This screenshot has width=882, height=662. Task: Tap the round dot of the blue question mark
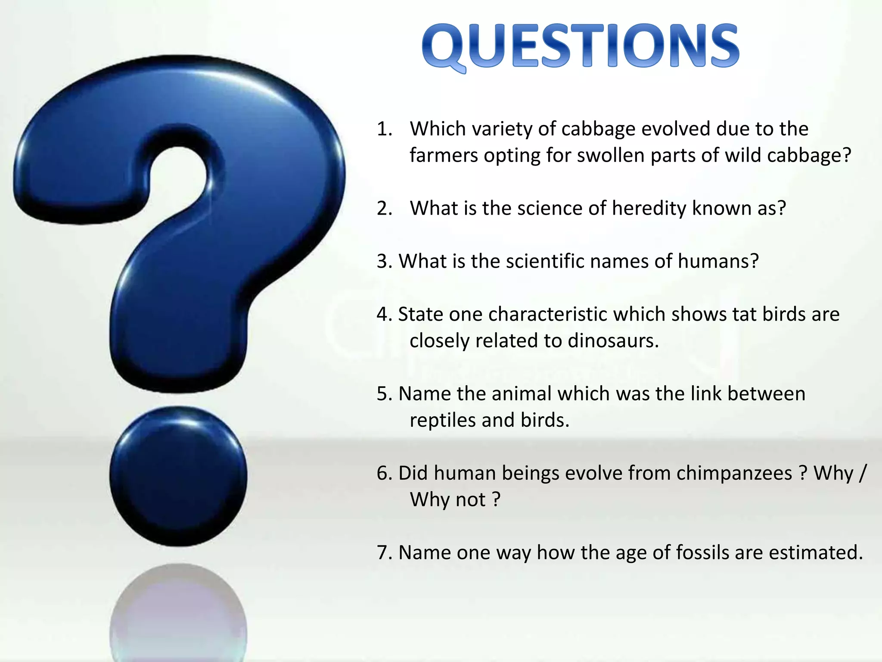(x=178, y=476)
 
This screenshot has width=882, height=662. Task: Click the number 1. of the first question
(x=384, y=129)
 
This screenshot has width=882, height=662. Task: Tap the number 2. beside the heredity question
(x=384, y=208)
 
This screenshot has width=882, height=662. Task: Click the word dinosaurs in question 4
(x=613, y=341)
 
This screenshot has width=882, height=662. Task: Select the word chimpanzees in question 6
(x=734, y=473)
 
